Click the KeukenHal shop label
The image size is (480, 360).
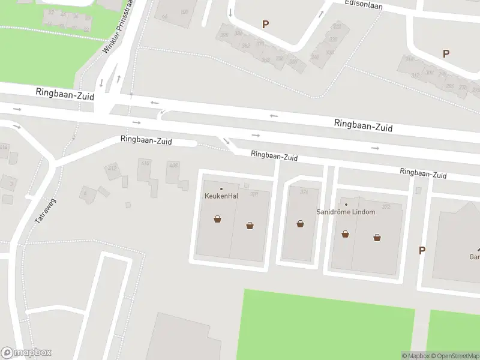221,196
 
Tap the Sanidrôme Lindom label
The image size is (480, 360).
346,212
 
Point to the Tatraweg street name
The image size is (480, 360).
41,212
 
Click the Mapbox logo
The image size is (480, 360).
26,353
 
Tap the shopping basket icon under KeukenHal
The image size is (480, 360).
217,220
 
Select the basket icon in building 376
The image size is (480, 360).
300,224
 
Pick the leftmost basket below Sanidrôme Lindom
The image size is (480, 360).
345,234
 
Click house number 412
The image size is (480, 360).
112,168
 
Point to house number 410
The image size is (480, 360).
145,163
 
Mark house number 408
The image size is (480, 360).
173,165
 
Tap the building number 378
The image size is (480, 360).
254,194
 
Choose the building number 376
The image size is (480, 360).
304,192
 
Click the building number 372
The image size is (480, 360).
386,207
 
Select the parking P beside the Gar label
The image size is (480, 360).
422,251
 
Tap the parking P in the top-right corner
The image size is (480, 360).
446,53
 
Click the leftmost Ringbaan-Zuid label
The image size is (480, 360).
58,92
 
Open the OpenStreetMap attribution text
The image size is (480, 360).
454,356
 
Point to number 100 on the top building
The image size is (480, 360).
184,12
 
